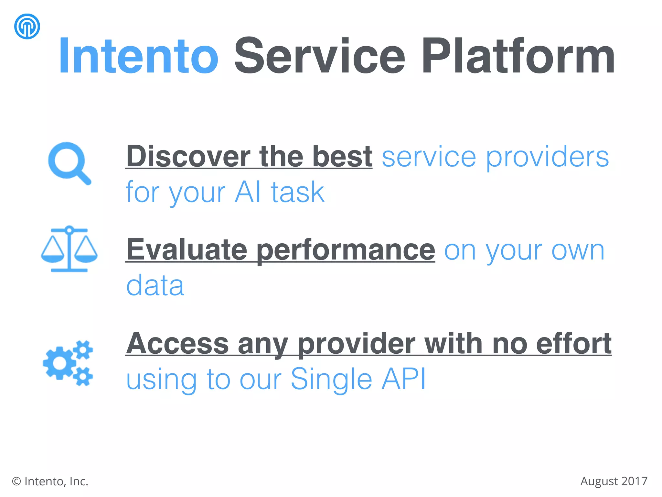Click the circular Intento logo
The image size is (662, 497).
27,26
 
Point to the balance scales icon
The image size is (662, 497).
69,249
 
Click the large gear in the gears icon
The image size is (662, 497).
59,363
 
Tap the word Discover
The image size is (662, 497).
188,157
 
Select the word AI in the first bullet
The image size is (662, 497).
248,192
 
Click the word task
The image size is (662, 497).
298,192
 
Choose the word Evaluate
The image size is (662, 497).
187,250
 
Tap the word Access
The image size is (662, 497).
177,344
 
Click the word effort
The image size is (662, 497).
573,344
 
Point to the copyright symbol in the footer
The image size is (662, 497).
16,482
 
